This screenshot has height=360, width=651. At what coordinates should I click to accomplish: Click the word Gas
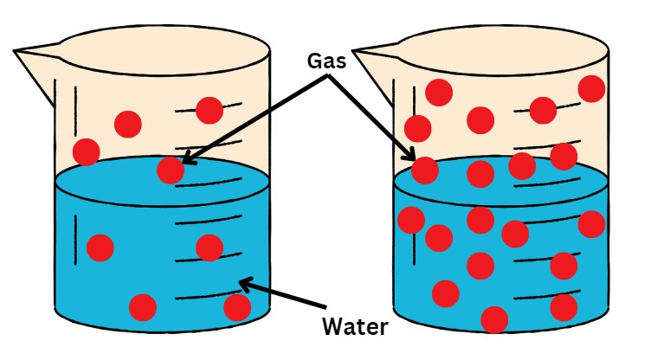click(x=326, y=61)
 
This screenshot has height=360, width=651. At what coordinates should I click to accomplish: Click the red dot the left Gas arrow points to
click(x=171, y=170)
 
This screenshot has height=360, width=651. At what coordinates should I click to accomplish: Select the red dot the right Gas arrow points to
click(x=424, y=170)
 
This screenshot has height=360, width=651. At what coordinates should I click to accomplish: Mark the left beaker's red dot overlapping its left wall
click(x=86, y=151)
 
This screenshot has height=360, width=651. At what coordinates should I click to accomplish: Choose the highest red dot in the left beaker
click(x=209, y=110)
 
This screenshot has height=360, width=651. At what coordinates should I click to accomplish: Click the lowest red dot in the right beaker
click(x=493, y=318)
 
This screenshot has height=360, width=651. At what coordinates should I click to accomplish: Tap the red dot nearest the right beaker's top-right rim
click(x=591, y=88)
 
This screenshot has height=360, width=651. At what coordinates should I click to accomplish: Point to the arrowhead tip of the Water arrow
click(x=241, y=280)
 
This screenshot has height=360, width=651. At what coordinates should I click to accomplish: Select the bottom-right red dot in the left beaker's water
click(x=236, y=306)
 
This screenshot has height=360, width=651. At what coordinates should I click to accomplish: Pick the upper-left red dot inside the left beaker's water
click(x=100, y=247)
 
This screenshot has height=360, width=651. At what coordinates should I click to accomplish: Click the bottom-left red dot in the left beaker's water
click(x=142, y=306)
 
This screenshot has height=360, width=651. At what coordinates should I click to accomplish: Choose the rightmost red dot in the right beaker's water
click(x=591, y=223)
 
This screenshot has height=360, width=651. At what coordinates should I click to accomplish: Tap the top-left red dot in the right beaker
click(x=438, y=92)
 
